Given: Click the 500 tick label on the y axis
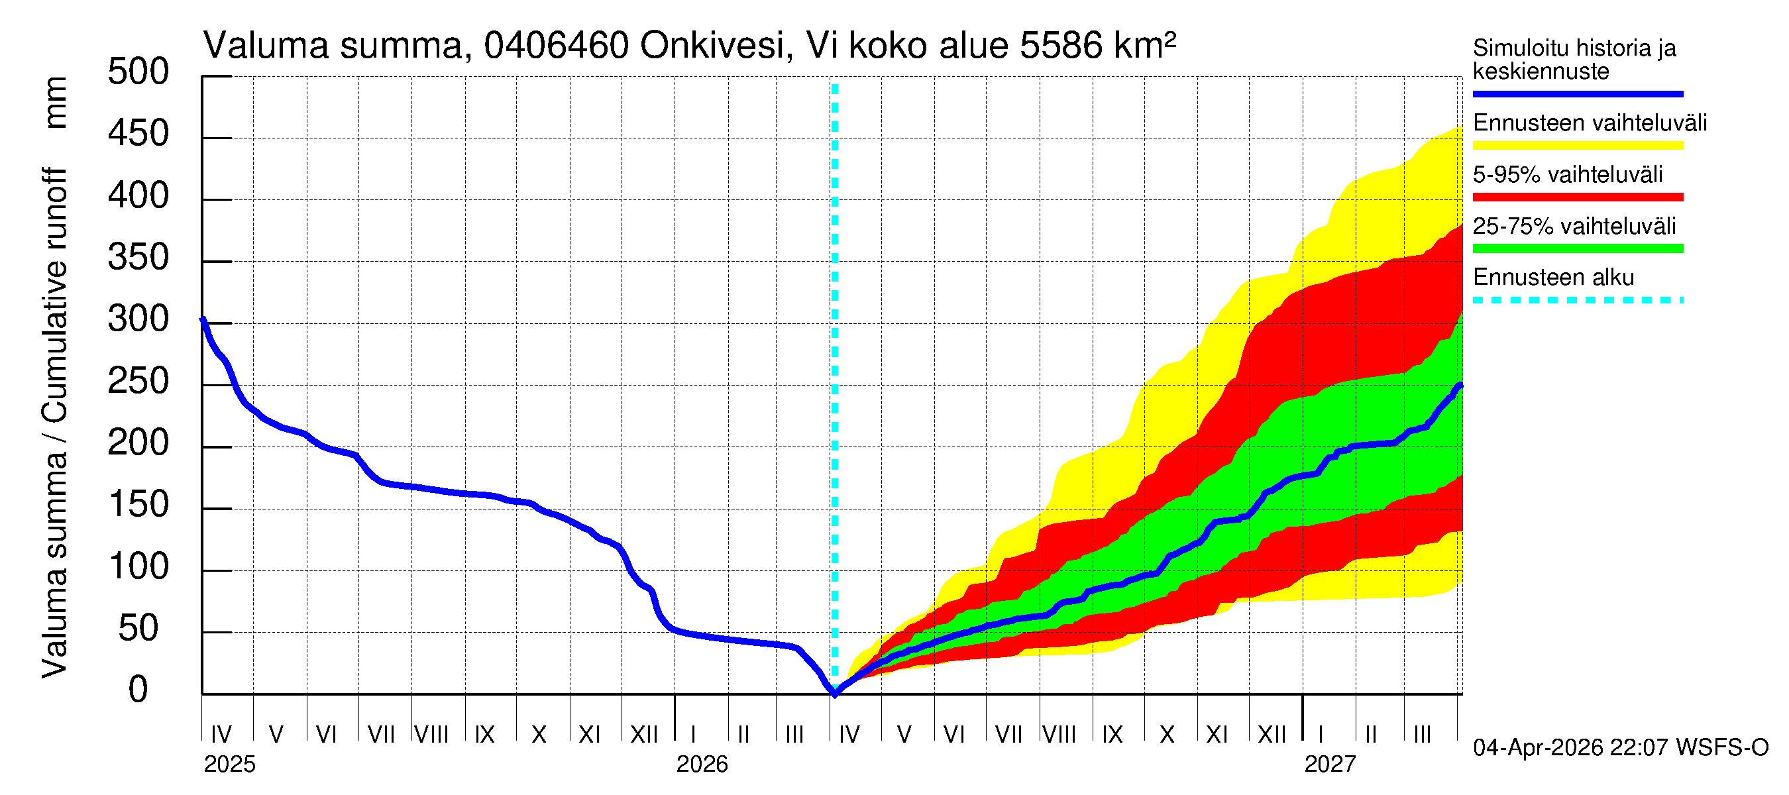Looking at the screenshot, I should click(138, 72).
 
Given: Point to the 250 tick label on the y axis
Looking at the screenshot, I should click(138, 382).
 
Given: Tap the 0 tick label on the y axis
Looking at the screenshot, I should click(138, 690).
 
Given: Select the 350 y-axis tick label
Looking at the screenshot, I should click(138, 258).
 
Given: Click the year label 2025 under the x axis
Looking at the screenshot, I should click(229, 765).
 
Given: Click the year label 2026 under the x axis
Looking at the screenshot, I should click(702, 765).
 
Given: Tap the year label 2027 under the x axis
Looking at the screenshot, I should click(1329, 765).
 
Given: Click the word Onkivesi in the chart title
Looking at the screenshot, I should click(713, 46).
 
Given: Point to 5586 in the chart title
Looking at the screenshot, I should click(1061, 46).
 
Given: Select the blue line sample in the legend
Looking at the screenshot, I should click(1577, 93).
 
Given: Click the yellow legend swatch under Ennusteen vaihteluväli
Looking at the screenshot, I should click(1577, 146).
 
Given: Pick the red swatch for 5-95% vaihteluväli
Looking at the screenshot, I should click(1577, 197).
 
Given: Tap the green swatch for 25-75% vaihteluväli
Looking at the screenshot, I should click(1577, 248).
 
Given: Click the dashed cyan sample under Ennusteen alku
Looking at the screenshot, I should click(1577, 301).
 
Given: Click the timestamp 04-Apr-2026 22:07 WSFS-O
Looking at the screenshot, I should click(1620, 748).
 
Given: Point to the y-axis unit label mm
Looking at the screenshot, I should click(56, 103).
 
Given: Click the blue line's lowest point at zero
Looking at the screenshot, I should click(835, 694).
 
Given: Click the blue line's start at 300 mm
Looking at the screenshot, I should click(203, 320).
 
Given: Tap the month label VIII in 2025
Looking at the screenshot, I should click(431, 735).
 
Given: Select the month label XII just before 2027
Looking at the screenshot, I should click(1272, 735).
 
